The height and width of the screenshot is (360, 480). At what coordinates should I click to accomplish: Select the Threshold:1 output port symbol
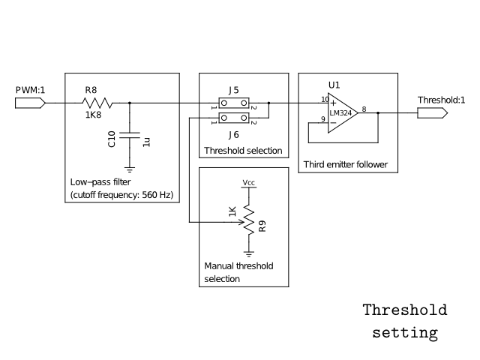(431, 112)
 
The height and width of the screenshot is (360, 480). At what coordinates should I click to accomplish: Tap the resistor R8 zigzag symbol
(97, 103)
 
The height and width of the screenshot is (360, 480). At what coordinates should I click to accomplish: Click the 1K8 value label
(92, 115)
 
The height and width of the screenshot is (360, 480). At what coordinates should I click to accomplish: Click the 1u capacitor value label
(146, 140)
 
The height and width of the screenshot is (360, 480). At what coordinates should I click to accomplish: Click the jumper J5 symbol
(234, 103)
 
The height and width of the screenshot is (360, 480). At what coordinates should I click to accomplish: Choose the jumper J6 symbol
(234, 118)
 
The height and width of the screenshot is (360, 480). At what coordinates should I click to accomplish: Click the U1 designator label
(334, 85)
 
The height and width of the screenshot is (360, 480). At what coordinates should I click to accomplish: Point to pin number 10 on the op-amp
(325, 98)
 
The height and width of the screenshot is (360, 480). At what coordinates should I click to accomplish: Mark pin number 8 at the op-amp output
(364, 109)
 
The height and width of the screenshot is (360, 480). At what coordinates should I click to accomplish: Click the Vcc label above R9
(248, 182)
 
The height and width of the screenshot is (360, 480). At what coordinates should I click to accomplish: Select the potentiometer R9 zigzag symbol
(248, 222)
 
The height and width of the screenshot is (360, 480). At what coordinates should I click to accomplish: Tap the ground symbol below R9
(248, 255)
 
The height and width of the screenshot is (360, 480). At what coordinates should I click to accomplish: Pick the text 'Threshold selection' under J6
(243, 151)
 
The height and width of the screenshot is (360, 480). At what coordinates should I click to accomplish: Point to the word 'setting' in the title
(405, 332)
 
